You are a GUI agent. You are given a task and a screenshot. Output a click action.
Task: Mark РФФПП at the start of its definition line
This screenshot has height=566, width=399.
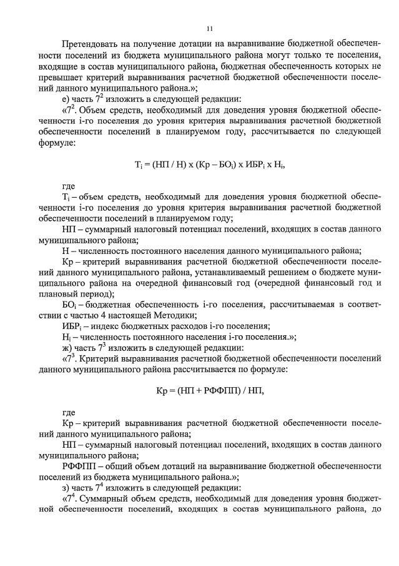pos(79,467)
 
